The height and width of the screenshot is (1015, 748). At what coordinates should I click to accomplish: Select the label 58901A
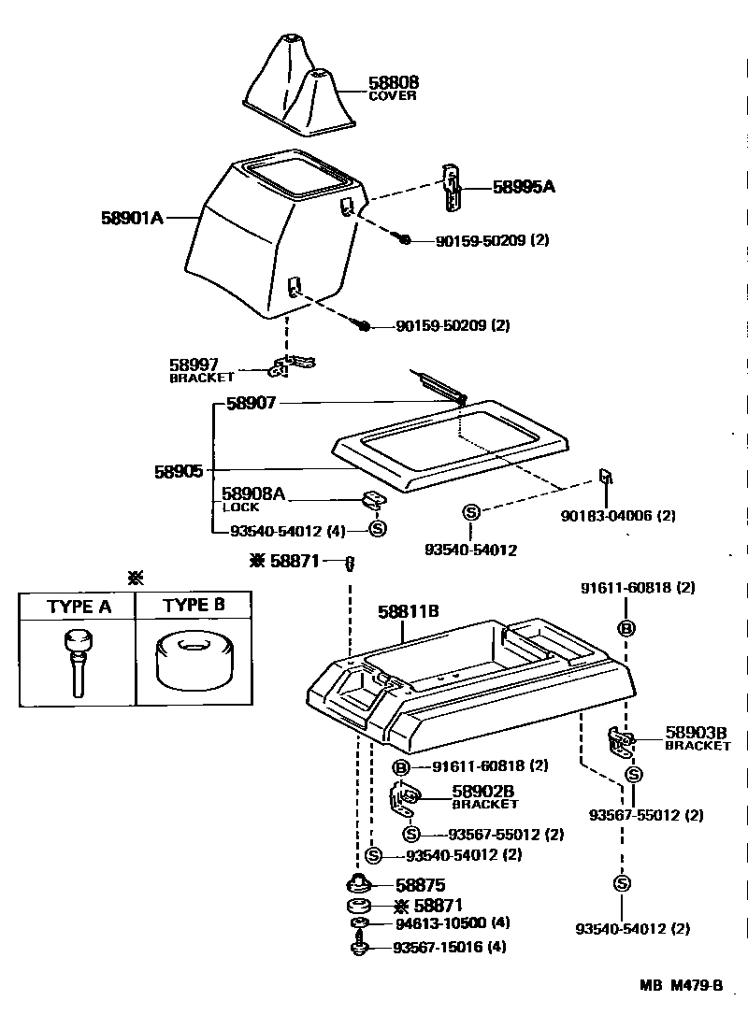point(132,218)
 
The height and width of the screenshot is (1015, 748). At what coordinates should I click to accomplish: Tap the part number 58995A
point(524,187)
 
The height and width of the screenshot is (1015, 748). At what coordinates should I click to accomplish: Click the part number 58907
point(252,404)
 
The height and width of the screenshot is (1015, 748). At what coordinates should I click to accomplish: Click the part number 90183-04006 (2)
point(618,516)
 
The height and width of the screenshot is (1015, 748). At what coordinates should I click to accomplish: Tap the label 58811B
point(409,612)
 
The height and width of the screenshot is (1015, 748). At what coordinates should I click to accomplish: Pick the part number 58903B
point(697,733)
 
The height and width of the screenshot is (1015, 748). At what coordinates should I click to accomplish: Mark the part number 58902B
point(483,791)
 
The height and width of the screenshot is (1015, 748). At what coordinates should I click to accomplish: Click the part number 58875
point(420,885)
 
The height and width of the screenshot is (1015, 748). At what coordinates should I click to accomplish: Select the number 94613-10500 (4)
point(452,923)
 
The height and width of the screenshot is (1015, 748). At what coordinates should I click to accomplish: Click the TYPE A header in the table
point(79,607)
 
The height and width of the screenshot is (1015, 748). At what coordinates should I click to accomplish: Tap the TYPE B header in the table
point(194,605)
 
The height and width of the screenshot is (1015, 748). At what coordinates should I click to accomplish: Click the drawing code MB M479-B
point(682,986)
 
